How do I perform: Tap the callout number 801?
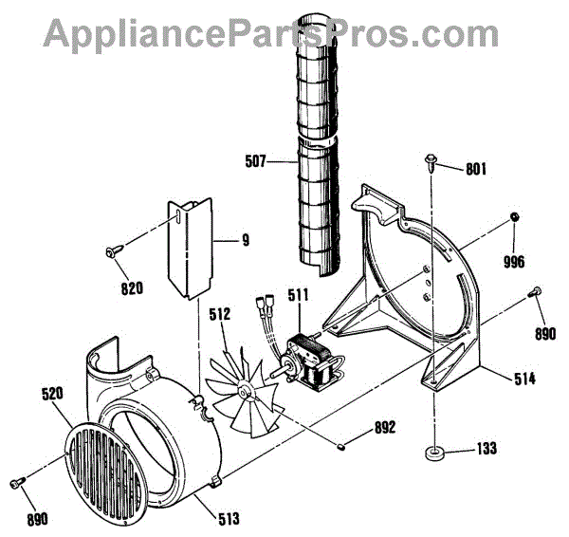click(476, 170)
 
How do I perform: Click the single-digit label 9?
click(245, 240)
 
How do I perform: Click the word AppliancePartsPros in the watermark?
click(228, 33)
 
